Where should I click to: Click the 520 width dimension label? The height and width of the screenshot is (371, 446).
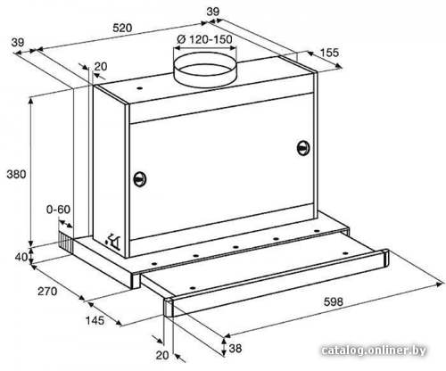(122, 28)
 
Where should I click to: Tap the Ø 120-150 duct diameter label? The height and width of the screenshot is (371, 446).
(204, 39)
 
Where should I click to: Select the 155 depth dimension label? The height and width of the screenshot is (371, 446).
(329, 53)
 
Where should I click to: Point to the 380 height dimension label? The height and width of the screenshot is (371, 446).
(16, 174)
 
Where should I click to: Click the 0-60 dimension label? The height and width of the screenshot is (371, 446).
(58, 210)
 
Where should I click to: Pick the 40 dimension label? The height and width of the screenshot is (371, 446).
(21, 257)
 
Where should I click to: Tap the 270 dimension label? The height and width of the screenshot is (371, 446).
(47, 292)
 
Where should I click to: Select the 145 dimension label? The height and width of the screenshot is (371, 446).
(95, 320)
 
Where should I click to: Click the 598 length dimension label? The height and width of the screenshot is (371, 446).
(334, 302)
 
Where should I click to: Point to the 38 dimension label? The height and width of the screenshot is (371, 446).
(235, 348)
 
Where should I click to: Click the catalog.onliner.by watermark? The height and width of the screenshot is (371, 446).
(374, 350)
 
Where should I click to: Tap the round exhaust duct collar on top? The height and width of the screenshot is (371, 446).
(205, 70)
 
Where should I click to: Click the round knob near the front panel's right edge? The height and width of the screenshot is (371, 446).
(303, 148)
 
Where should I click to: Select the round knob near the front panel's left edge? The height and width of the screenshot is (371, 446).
(139, 179)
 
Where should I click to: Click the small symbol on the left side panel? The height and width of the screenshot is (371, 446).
(113, 240)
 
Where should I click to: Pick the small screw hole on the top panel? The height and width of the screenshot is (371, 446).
(139, 88)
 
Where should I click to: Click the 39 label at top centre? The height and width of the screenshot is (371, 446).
(213, 12)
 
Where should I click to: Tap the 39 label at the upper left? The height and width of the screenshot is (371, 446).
(18, 43)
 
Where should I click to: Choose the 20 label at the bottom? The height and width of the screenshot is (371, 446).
(162, 355)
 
